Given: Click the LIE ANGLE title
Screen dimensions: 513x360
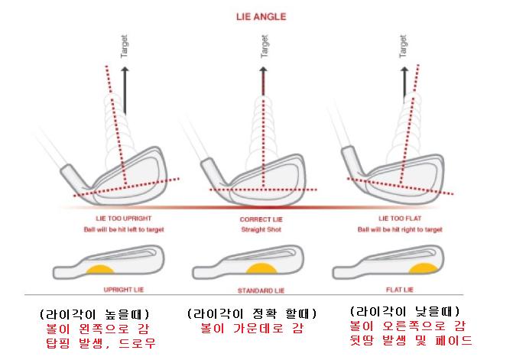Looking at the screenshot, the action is point(261,17).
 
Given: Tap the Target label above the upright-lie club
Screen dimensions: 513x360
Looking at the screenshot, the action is point(124,47).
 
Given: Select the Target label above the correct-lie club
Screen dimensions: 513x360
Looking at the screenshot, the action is point(264,47).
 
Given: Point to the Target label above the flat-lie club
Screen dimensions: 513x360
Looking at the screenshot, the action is point(403,47).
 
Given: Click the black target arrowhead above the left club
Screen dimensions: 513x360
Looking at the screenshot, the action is point(125,70).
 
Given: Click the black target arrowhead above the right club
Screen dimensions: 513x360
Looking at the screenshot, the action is point(404,70).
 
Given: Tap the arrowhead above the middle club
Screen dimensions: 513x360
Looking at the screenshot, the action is point(263,70).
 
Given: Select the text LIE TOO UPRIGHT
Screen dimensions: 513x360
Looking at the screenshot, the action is point(124,219).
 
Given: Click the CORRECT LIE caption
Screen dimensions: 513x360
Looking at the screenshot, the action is point(261,219).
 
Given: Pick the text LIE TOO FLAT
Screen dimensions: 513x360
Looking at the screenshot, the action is point(400,219).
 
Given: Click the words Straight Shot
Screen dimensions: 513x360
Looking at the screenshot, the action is point(261,229).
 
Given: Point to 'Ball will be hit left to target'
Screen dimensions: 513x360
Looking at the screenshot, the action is point(124,229).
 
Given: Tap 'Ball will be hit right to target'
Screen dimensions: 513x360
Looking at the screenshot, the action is point(400,229).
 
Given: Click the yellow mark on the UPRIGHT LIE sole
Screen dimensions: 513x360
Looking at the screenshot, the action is point(100,270).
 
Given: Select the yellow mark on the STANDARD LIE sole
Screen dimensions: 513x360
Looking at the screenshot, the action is point(261,269).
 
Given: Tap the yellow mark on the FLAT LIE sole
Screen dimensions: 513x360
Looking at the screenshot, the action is point(424,268).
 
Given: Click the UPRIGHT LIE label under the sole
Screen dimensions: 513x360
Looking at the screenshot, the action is point(124,290).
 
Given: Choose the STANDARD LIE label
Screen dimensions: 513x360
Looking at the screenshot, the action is point(261,290).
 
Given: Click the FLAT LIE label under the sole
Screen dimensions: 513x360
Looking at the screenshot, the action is point(400,290).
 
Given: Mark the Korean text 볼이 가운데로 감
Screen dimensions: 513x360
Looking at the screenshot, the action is point(252,328).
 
